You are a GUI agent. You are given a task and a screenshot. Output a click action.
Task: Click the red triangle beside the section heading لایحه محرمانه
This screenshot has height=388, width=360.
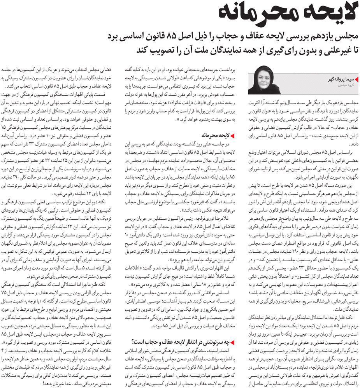click(232, 135)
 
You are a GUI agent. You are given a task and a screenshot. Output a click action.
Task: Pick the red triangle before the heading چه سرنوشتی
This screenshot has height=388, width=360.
click(232, 342)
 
